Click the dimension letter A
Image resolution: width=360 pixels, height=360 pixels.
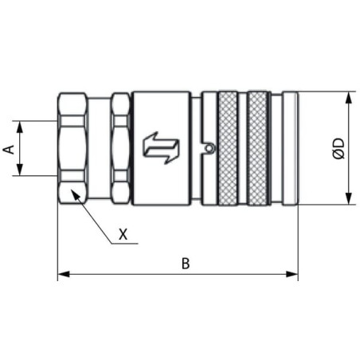point(9,149)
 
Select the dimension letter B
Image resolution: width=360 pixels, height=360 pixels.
point(186,264)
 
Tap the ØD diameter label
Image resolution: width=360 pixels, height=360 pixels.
point(338,148)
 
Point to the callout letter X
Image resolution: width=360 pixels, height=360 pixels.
point(123,234)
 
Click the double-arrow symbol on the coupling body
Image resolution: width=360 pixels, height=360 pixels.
point(161,147)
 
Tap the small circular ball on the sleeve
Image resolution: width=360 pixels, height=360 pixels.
point(210,147)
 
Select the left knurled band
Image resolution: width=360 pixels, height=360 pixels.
point(228,148)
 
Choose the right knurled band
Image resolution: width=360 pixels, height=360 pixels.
point(257,148)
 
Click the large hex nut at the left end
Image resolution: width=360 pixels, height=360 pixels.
point(72,148)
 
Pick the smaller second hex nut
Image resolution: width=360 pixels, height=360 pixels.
point(121,148)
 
